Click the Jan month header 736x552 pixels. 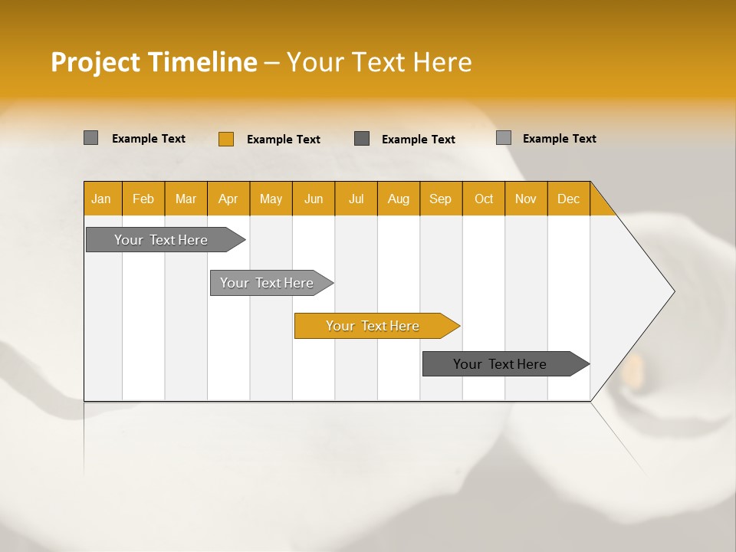click(101, 199)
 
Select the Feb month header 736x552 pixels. click(143, 199)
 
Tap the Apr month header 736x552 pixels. click(228, 199)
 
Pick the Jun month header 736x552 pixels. click(314, 199)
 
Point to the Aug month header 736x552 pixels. click(398, 199)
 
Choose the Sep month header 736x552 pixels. click(440, 199)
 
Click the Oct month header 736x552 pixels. click(484, 199)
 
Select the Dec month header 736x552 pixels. click(568, 199)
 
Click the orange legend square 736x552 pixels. click(226, 139)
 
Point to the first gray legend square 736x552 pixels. click(91, 138)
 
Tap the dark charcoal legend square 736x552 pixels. click(362, 139)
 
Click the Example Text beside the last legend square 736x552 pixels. click(559, 138)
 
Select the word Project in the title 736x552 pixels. click(95, 62)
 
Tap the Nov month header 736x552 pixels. click(526, 199)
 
